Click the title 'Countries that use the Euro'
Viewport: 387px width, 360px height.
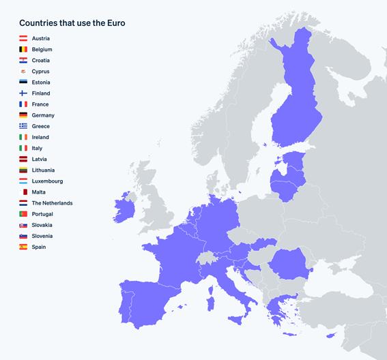tap(72, 23)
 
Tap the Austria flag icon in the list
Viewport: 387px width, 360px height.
tap(23, 39)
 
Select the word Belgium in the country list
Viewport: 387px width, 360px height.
tap(42, 50)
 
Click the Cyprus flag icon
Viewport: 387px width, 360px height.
tap(23, 72)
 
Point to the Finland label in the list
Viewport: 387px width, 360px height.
tap(40, 93)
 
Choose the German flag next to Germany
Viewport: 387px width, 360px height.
tap(23, 115)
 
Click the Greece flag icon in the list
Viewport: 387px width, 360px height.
tap(23, 126)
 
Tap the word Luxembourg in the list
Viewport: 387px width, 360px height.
tap(47, 181)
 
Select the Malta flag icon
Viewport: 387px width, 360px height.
tap(23, 192)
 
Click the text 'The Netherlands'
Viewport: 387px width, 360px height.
tap(52, 203)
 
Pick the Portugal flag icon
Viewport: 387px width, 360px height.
tap(23, 214)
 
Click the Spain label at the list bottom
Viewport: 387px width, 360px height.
tap(39, 247)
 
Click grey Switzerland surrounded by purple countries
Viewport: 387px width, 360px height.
tap(206, 258)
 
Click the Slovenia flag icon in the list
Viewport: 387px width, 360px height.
tap(23, 236)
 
